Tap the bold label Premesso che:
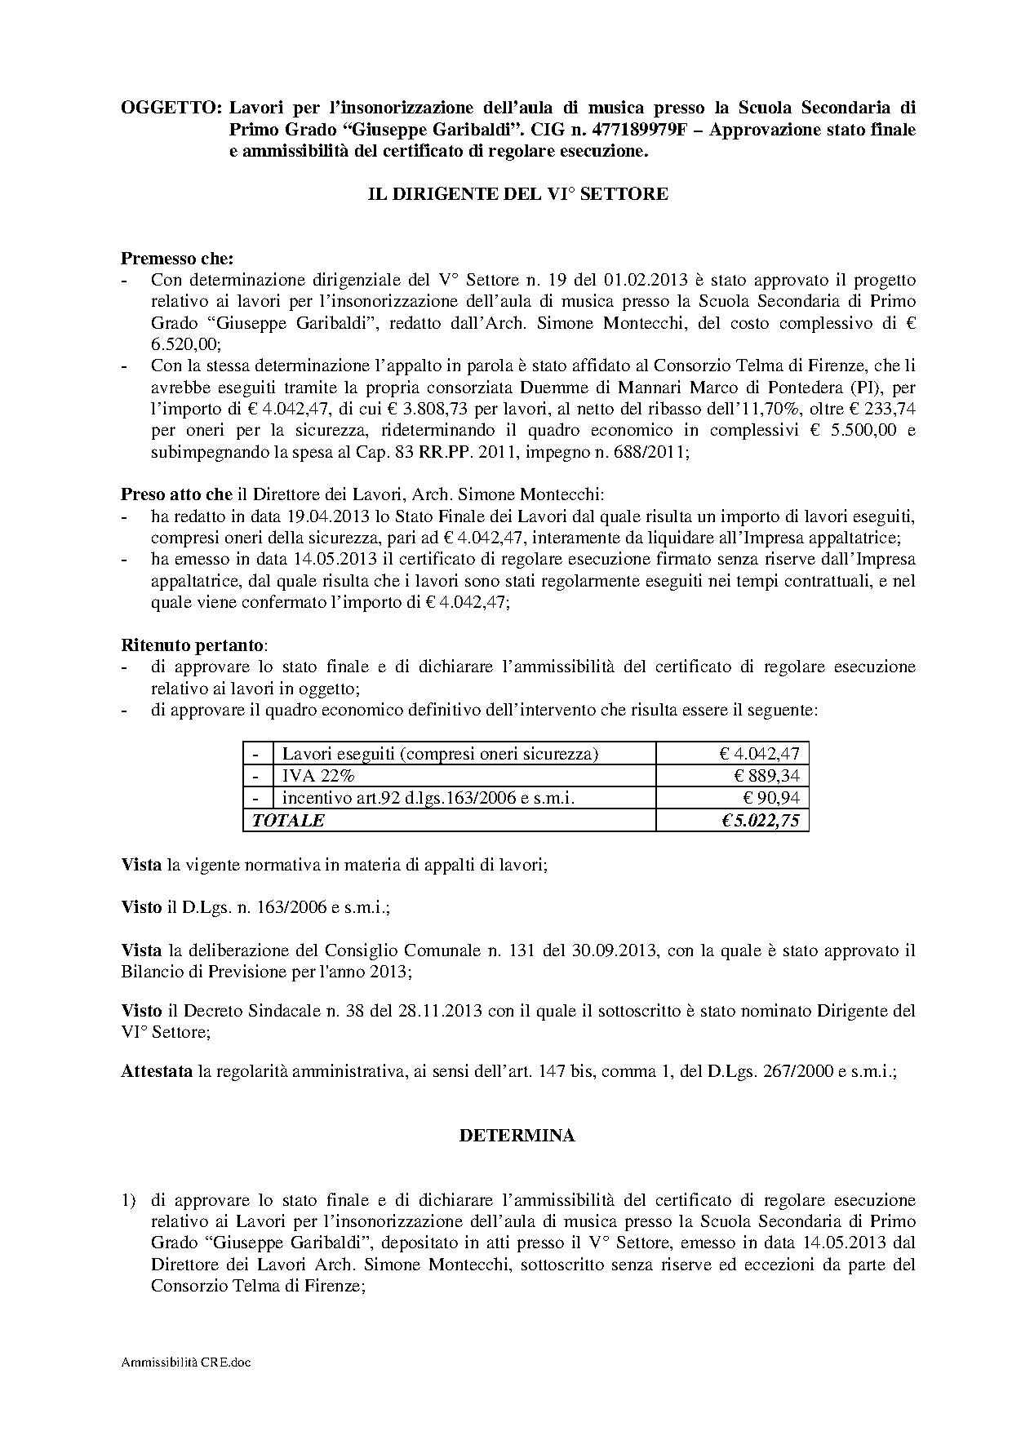tap(177, 259)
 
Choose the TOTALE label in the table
tap(288, 820)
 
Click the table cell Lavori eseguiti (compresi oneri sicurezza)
tap(440, 754)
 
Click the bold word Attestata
tap(157, 1072)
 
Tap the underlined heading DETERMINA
tap(517, 1135)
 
